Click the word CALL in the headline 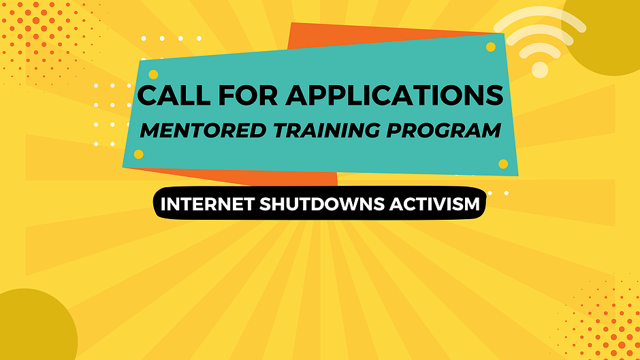pos(174,95)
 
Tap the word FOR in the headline pos(248,95)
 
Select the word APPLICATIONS pos(394,95)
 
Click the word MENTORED pos(204,130)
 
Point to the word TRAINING pos(327,130)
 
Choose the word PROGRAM pos(444,130)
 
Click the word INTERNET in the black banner pos(208,204)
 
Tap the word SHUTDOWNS pos(322,204)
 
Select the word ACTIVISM pos(434,204)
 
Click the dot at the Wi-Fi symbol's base pos(540,70)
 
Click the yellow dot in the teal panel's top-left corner pos(153,75)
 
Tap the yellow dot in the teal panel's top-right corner pos(491,47)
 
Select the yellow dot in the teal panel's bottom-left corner pos(139,154)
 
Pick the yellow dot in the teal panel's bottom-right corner pos(503,164)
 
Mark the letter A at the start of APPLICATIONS pos(298,95)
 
